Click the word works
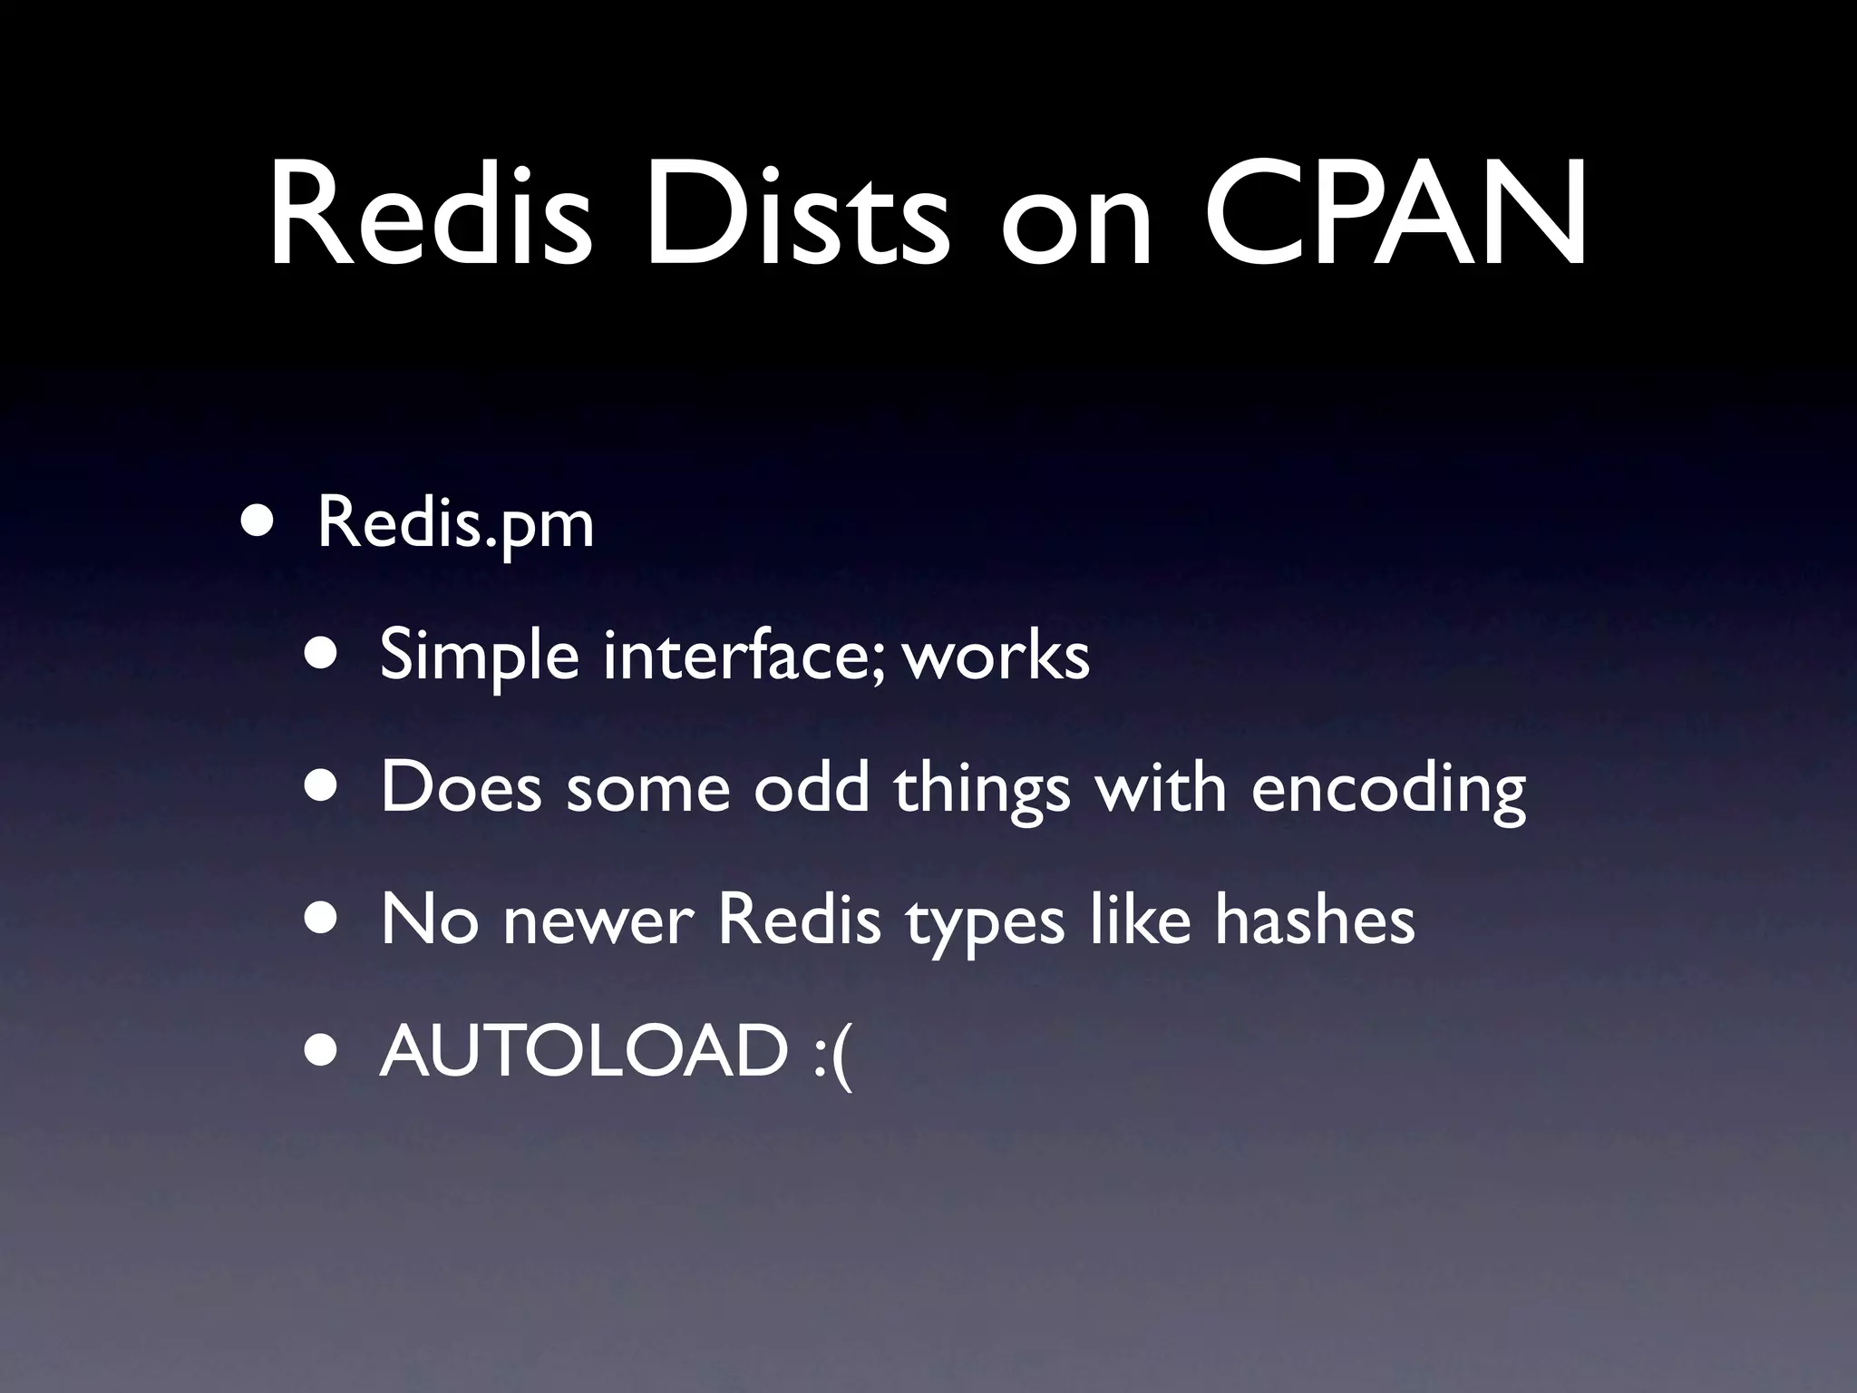(997, 655)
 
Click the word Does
(461, 786)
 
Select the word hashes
(1315, 919)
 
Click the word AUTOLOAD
(584, 1050)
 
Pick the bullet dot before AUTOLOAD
(322, 1051)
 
